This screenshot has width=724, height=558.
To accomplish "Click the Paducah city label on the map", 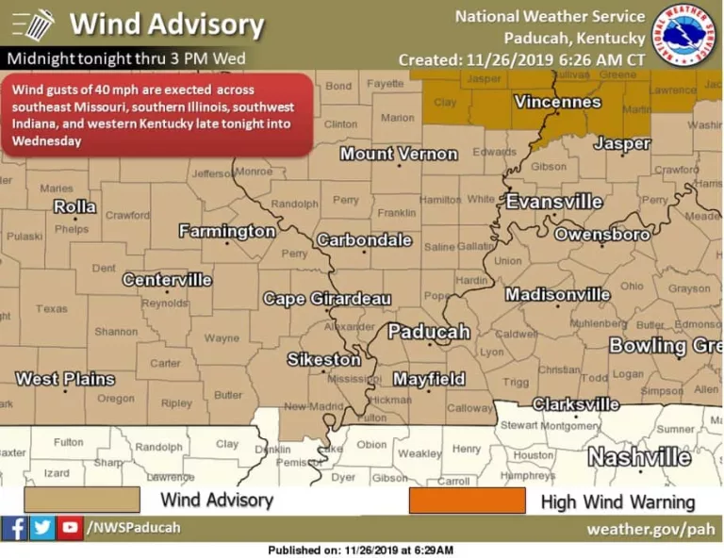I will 428,332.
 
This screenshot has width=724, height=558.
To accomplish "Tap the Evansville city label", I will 554,202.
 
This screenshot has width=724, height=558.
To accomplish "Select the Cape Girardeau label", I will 326,299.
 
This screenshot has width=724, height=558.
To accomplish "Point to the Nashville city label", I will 639,457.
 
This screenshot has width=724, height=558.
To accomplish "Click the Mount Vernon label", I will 398,154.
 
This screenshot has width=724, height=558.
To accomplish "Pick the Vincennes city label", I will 557,102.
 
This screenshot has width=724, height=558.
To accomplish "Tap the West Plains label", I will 65,379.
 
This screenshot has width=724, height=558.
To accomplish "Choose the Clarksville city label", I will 576,404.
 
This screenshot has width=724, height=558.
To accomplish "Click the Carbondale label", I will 364,240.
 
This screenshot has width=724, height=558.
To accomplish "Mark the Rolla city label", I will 74,206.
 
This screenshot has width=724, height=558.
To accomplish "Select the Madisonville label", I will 557,295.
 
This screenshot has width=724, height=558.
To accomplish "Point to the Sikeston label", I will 323,359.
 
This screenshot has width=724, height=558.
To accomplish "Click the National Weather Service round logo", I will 686,35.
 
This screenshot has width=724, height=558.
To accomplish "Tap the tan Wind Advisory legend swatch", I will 82,500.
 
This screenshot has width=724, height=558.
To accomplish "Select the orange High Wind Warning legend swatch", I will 467,501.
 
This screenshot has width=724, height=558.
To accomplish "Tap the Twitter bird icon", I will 42,528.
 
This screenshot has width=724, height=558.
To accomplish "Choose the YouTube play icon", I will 70,528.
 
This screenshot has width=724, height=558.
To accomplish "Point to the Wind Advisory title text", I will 166,24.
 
